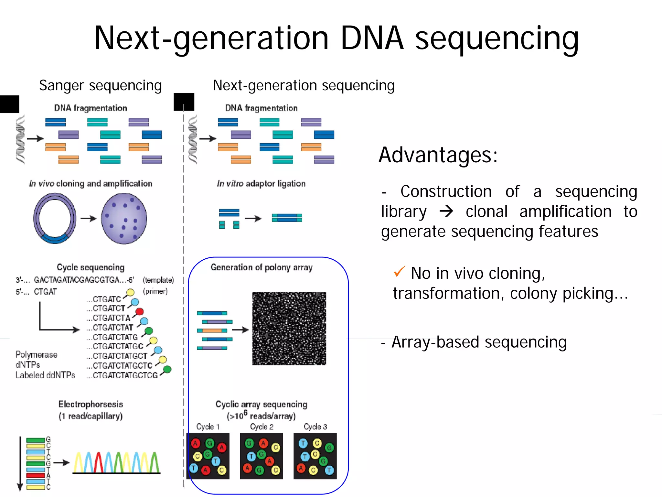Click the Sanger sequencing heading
tap(100, 85)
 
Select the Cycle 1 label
tap(208, 427)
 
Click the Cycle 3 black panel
tap(315, 456)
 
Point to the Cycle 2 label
tap(262, 427)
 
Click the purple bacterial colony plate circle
tap(124, 219)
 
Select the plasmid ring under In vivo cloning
tap(55, 219)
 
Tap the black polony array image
tap(289, 329)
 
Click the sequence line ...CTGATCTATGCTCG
tap(122, 375)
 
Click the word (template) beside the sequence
tap(158, 280)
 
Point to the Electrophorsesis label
tap(91, 404)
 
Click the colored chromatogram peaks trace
tap(116, 462)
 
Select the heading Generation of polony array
tap(262, 267)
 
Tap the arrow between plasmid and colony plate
tap(89, 219)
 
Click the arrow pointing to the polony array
tap(240, 330)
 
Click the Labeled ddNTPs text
tap(45, 375)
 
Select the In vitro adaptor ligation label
tap(261, 184)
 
